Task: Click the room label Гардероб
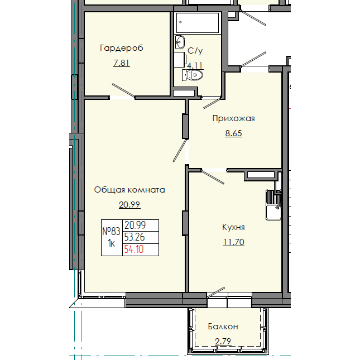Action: click(x=121, y=48)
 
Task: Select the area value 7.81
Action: click(x=121, y=63)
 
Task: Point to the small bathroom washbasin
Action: click(x=180, y=42)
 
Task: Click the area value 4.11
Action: click(x=195, y=65)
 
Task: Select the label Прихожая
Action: click(x=233, y=118)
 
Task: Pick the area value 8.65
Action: click(x=233, y=133)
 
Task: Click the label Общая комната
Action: click(x=129, y=189)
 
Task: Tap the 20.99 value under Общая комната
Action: click(x=129, y=204)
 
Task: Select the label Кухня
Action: click(x=233, y=227)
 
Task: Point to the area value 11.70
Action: click(x=233, y=242)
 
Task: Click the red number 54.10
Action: click(x=134, y=249)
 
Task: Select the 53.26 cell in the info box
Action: click(x=135, y=237)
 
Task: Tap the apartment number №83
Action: click(x=112, y=231)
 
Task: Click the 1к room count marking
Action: click(x=112, y=243)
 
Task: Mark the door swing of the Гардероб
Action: click(x=123, y=92)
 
